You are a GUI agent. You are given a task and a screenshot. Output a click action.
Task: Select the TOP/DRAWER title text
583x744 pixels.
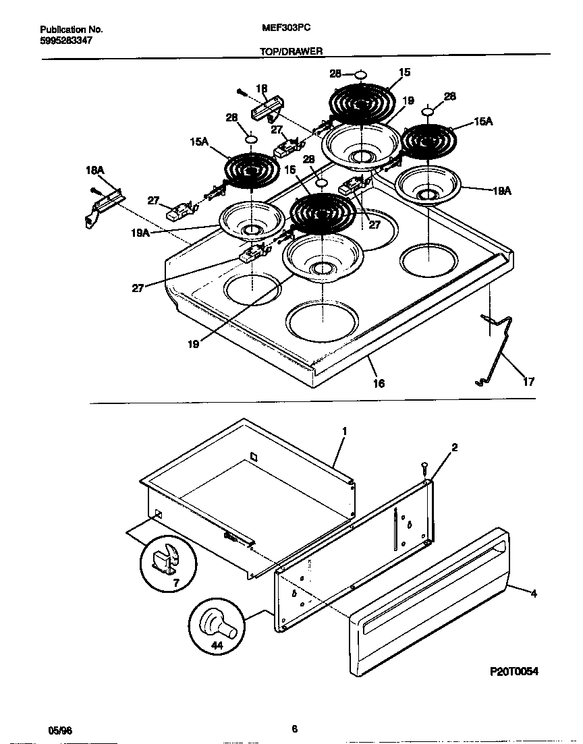pos(291,51)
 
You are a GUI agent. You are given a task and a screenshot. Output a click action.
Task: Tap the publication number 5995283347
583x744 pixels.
pos(66,40)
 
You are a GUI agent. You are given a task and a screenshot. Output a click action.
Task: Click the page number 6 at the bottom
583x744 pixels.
pos(294,728)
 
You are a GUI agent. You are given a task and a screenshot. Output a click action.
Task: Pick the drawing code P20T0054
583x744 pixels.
pos(513,672)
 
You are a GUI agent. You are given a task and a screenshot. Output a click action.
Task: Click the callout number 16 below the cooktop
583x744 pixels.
pos(379,383)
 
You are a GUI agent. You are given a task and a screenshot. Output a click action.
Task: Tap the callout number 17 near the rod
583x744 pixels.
pos(528,382)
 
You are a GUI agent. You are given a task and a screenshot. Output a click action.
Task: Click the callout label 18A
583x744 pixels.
pos(94,171)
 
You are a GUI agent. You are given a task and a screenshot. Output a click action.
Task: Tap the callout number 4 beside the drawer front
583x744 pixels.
pos(533,594)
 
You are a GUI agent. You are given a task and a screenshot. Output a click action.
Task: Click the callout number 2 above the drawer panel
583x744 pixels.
pos(455,447)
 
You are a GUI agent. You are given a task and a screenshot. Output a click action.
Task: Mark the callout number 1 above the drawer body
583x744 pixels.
pos(343,430)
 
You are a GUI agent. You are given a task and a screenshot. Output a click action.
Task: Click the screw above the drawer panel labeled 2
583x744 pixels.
pos(423,466)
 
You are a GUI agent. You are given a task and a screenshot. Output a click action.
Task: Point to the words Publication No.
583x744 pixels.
pos(71,30)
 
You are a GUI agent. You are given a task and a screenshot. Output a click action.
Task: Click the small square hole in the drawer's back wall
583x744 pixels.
pos(254,457)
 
